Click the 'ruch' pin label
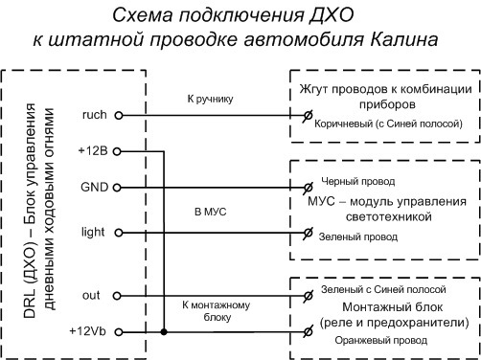click(93, 115)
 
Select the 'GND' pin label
click(92, 186)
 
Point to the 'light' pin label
click(93, 232)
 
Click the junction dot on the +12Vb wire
click(165, 331)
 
